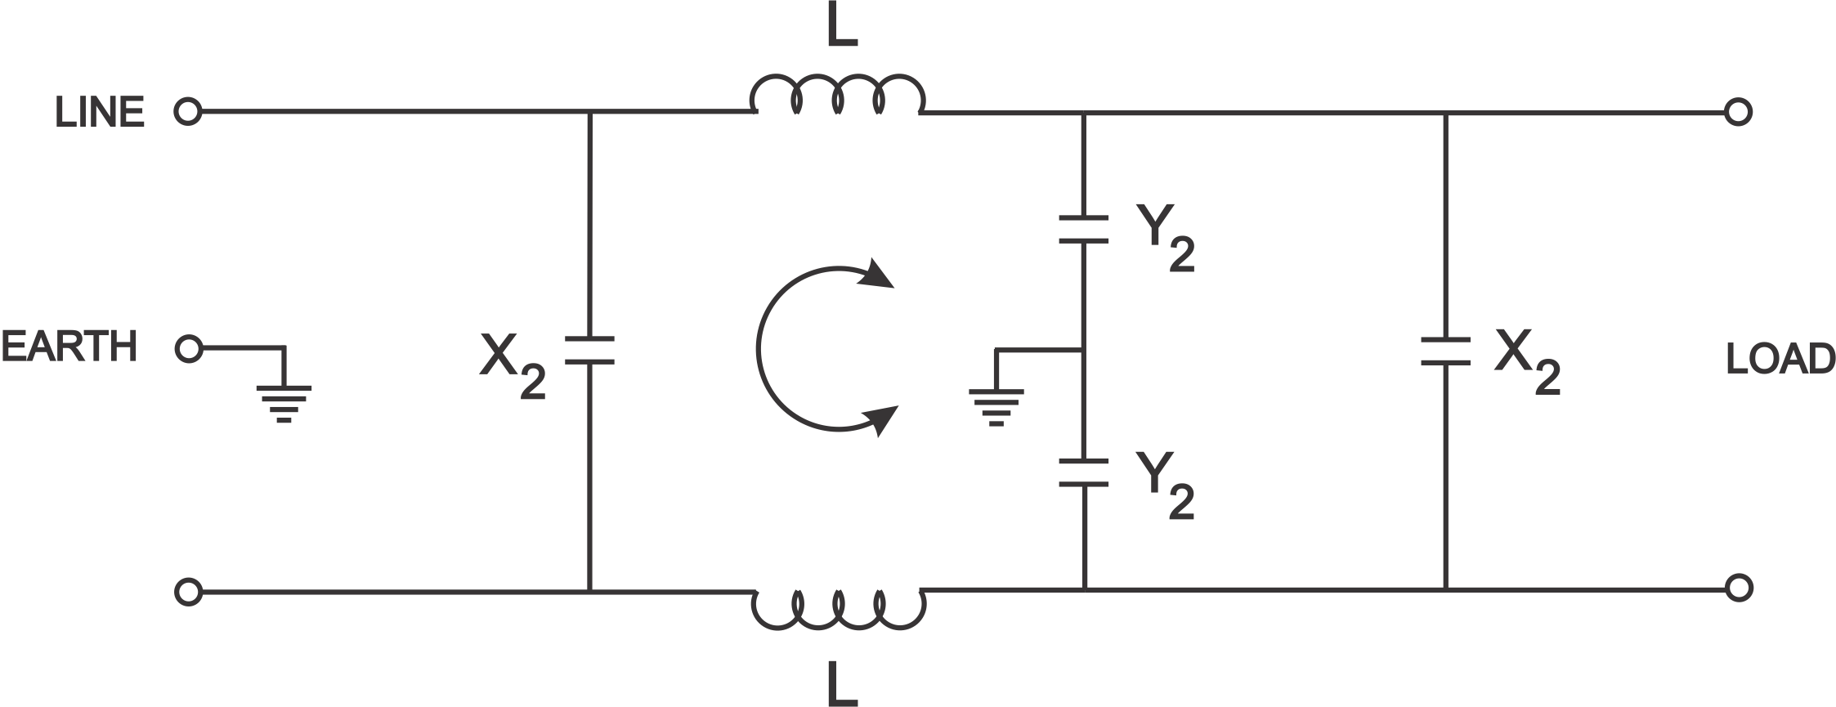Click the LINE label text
coord(100,112)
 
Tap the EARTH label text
coord(69,347)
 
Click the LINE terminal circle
coord(188,112)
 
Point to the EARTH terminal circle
coord(188,349)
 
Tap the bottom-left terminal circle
coord(188,591)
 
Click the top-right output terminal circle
coord(1738,112)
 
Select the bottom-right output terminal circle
coord(1738,588)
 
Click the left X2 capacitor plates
coord(589,350)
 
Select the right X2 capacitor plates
coord(1445,351)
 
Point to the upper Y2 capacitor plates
coord(1084,230)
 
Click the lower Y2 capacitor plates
coord(1084,472)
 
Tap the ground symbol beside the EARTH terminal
coord(284,403)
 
